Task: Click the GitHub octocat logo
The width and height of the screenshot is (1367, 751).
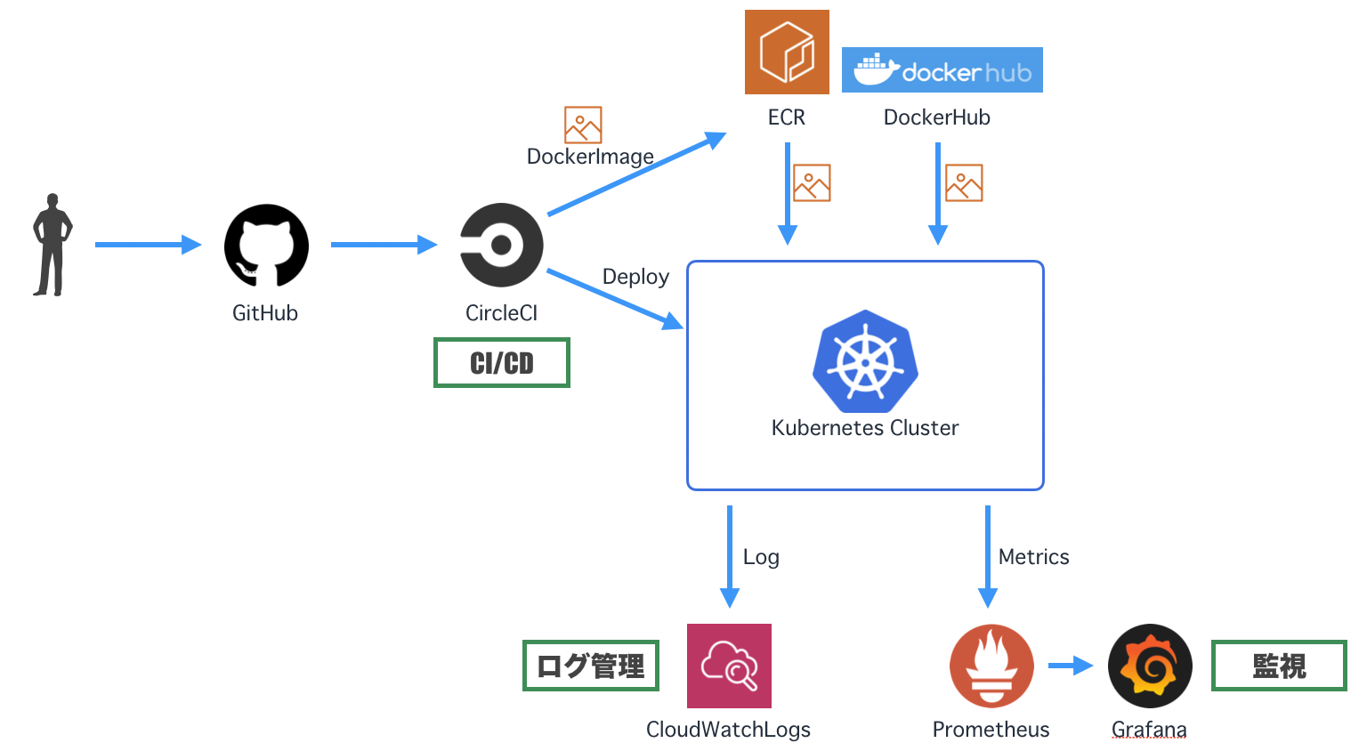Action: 266,246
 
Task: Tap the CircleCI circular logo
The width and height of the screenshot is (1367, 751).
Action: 501,245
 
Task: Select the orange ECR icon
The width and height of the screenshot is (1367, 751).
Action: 787,52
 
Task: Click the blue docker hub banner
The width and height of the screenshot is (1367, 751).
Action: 942,70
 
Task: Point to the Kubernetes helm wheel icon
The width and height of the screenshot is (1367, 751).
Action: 865,361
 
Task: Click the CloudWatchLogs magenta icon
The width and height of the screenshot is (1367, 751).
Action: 729,666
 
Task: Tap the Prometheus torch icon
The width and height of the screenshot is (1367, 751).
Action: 991,666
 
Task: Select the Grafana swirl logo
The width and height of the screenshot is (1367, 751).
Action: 1150,666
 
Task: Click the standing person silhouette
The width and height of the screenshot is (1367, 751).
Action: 52,245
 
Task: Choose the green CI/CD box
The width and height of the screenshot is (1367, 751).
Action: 502,363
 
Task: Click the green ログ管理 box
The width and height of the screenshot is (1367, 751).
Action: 591,666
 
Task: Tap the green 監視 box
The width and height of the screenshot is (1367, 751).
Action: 1279,666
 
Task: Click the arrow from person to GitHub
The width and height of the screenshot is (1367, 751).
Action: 147,245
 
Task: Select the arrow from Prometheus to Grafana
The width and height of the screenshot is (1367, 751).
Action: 1070,666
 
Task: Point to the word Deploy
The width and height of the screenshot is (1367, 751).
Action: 635,277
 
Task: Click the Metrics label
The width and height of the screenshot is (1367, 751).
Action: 1033,557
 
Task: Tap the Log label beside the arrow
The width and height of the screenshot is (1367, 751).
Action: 761,557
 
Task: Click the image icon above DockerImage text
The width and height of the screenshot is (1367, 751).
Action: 583,125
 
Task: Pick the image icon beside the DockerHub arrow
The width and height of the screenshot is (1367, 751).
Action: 964,182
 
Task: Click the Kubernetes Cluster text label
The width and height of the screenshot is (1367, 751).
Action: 865,428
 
